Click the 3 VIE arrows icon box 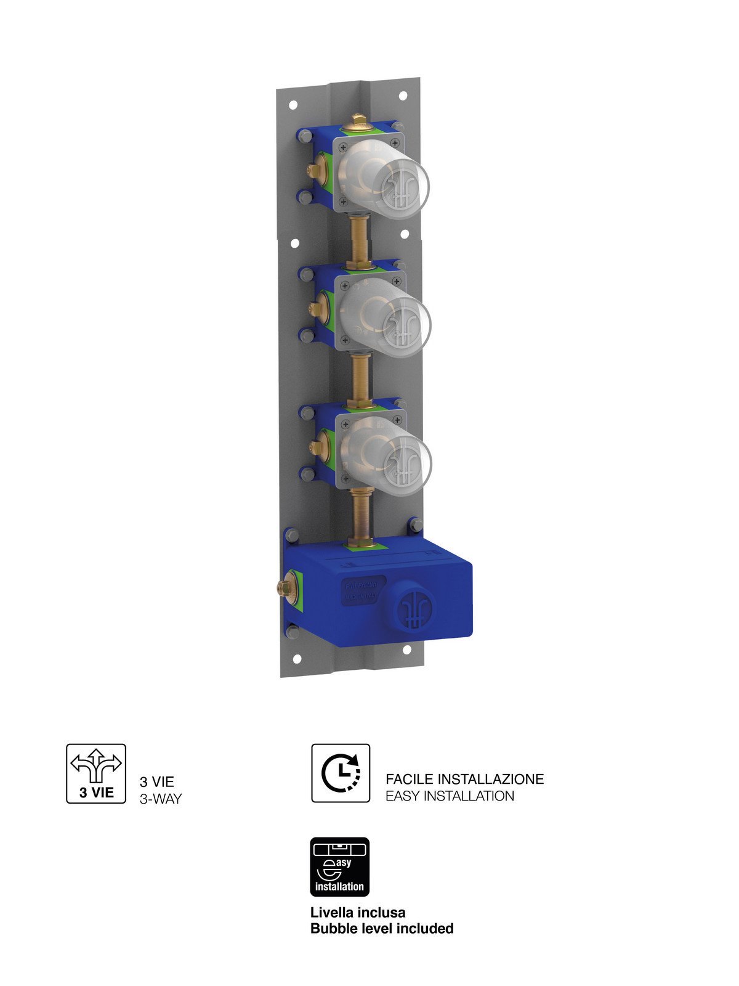(x=96, y=773)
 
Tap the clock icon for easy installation (x=341, y=773)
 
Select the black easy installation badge (x=339, y=866)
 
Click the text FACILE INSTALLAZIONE (x=465, y=779)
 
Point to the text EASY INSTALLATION (x=450, y=796)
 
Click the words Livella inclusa (x=358, y=912)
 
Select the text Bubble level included (x=382, y=928)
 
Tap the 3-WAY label (x=161, y=799)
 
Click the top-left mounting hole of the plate (x=293, y=105)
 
